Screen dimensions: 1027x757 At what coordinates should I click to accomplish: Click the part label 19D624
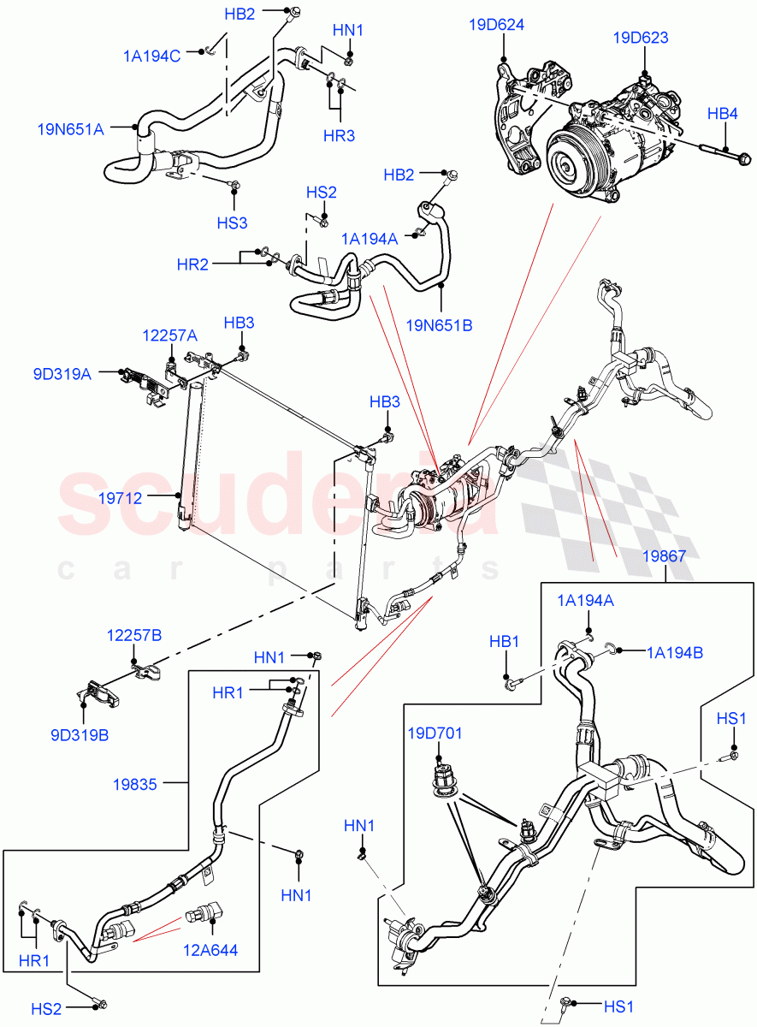coord(496,26)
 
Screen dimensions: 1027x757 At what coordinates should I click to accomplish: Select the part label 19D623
coord(641,38)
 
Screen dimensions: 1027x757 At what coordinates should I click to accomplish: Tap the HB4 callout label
coord(723,113)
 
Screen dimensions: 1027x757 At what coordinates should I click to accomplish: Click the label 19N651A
coord(70,129)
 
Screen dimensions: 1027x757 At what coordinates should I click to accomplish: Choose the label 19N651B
coord(440,325)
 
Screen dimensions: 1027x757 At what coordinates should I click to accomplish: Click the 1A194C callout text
coord(151,56)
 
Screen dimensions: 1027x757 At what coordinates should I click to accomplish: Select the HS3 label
coord(232,223)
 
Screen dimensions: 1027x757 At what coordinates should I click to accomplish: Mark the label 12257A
coord(169,337)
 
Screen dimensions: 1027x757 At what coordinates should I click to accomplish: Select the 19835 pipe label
coord(134,782)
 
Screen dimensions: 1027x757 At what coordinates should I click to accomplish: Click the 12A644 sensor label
coord(210,949)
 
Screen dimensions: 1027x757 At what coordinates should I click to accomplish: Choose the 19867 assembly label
coord(664,556)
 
